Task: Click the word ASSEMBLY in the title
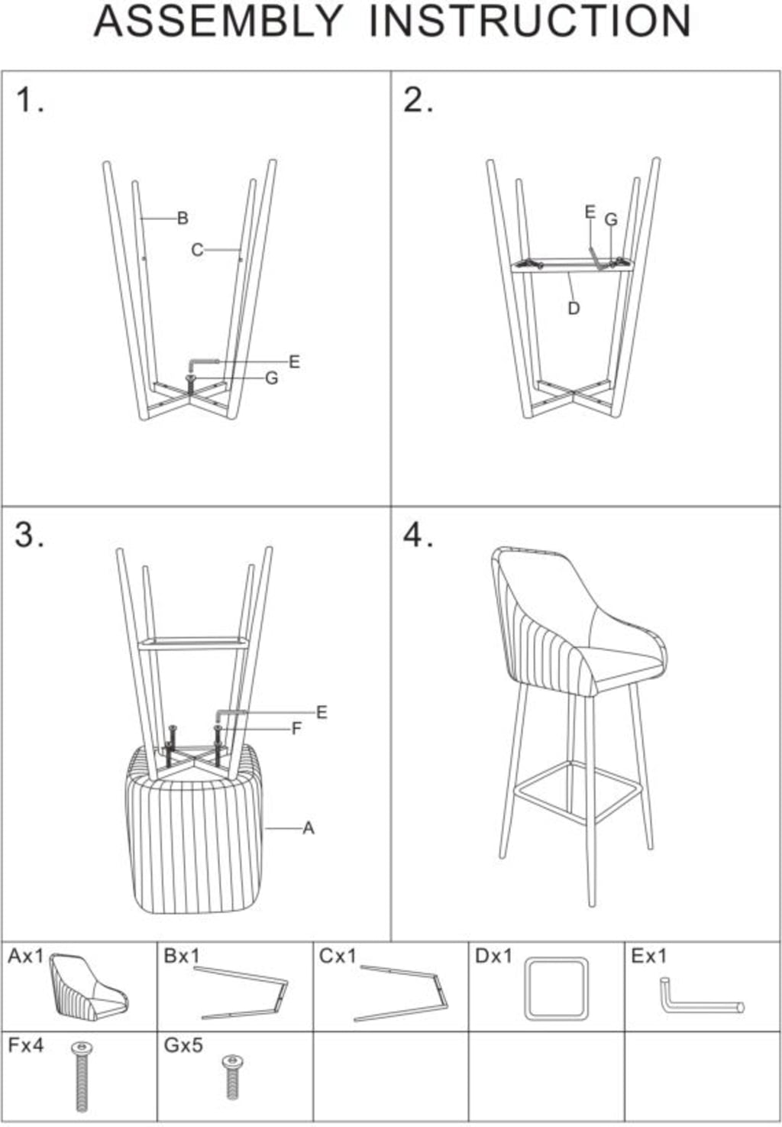click(218, 21)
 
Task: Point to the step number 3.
click(30, 534)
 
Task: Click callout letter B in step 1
click(183, 219)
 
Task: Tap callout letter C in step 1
click(197, 250)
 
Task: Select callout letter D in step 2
click(574, 309)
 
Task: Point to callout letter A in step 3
click(309, 829)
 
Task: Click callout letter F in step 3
click(297, 728)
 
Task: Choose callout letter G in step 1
click(272, 378)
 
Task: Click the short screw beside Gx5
click(233, 1077)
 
